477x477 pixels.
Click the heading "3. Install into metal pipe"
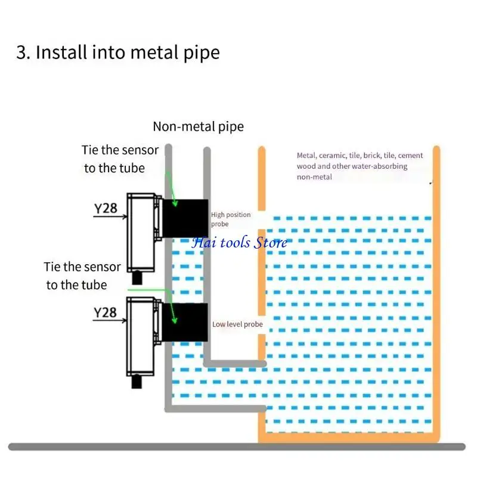click(x=117, y=52)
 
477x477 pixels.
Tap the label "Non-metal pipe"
click(x=198, y=126)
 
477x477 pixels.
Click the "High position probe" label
click(x=230, y=219)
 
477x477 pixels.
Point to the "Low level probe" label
click(x=237, y=324)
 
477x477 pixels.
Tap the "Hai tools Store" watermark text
click(x=238, y=242)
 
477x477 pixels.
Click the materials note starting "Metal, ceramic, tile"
click(x=360, y=166)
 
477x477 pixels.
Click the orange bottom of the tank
click(x=349, y=439)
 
